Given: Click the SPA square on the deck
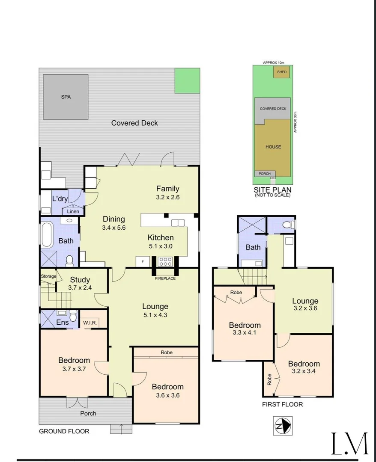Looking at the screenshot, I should click(x=66, y=97).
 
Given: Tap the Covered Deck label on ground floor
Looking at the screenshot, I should click(x=134, y=123).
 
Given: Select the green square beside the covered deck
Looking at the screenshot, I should click(x=187, y=80).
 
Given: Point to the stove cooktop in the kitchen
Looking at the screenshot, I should click(x=165, y=261).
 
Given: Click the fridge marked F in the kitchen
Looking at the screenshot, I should click(x=142, y=261).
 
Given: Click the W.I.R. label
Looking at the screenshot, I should click(x=90, y=323).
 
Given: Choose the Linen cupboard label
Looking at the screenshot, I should click(x=72, y=211).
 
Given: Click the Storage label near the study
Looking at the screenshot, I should click(x=48, y=276).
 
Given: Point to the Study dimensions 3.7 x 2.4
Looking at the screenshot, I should click(x=80, y=288).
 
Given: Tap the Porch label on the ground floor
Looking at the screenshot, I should click(x=88, y=413).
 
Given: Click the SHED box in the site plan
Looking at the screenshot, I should click(x=282, y=72).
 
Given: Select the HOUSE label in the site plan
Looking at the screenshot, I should click(x=273, y=147).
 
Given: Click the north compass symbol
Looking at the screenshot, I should click(x=282, y=426).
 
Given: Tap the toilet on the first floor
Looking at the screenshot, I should click(x=291, y=224).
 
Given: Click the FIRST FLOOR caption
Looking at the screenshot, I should click(x=283, y=404).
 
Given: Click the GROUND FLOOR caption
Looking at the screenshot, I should click(x=64, y=431).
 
